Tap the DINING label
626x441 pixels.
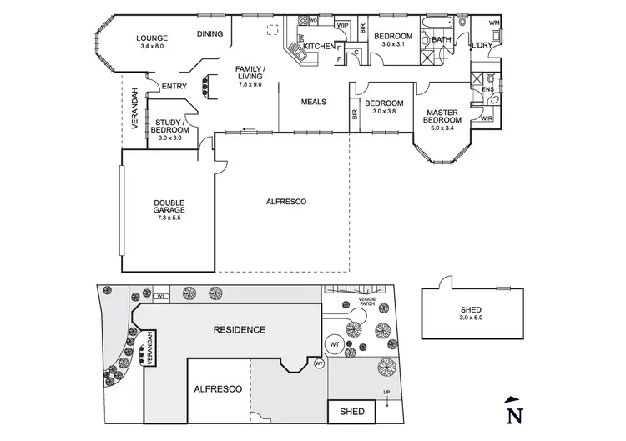pyautogui.click(x=210, y=34)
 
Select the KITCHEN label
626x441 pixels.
pyautogui.click(x=318, y=46)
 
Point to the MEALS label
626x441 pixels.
pyautogui.click(x=314, y=102)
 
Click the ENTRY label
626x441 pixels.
pyautogui.click(x=174, y=86)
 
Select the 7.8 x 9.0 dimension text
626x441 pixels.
pyautogui.click(x=250, y=84)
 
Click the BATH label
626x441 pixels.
pyautogui.click(x=441, y=39)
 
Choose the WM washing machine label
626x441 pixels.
pyautogui.click(x=494, y=23)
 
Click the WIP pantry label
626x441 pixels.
pyautogui.click(x=342, y=25)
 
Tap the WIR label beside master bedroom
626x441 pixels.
pyautogui.click(x=487, y=119)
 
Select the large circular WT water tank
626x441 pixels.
pyautogui.click(x=334, y=343)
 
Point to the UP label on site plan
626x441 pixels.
pyautogui.click(x=386, y=392)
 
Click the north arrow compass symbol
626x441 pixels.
pyautogui.click(x=516, y=413)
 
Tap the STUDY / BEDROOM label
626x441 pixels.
pyautogui.click(x=170, y=127)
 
